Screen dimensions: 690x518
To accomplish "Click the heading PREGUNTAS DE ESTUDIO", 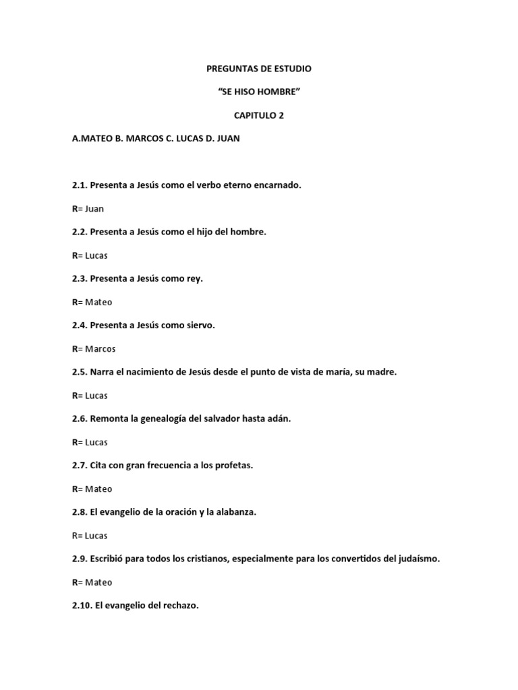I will coord(259,69).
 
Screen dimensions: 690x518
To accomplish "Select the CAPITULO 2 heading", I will coord(259,115).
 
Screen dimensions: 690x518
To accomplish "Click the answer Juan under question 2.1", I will coord(94,209).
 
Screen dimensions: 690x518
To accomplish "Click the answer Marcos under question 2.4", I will coord(100,349).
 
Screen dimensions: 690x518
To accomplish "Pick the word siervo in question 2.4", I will coord(200,325).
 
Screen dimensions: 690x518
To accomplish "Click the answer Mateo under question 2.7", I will coord(98,489).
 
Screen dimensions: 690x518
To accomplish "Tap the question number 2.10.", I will coord(82,605).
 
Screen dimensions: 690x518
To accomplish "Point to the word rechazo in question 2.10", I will coord(179,605).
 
